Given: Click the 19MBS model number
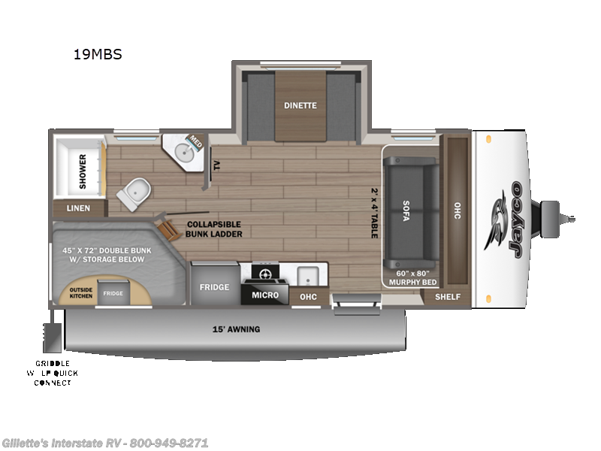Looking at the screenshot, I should pyautogui.click(x=97, y=54).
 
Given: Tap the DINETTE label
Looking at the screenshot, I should pyautogui.click(x=300, y=106).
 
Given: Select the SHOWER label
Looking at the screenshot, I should pyautogui.click(x=83, y=168).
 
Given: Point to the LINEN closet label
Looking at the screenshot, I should pyautogui.click(x=78, y=208).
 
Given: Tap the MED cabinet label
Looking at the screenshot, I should pyautogui.click(x=195, y=141).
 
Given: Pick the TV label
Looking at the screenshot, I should pyautogui.click(x=216, y=165).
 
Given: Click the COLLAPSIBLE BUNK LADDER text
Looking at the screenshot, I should pyautogui.click(x=215, y=228).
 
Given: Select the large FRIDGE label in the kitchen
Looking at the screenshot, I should pyautogui.click(x=214, y=287).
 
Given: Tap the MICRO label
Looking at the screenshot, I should pyautogui.click(x=265, y=295).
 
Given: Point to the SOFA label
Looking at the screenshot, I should pyautogui.click(x=406, y=208).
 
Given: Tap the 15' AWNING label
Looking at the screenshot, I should pyautogui.click(x=235, y=329).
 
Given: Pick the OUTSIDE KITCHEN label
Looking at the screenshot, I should pyautogui.click(x=81, y=293).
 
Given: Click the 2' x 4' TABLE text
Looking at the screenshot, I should pyautogui.click(x=374, y=213).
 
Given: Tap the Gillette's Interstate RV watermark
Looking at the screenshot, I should pyautogui.click(x=105, y=443).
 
